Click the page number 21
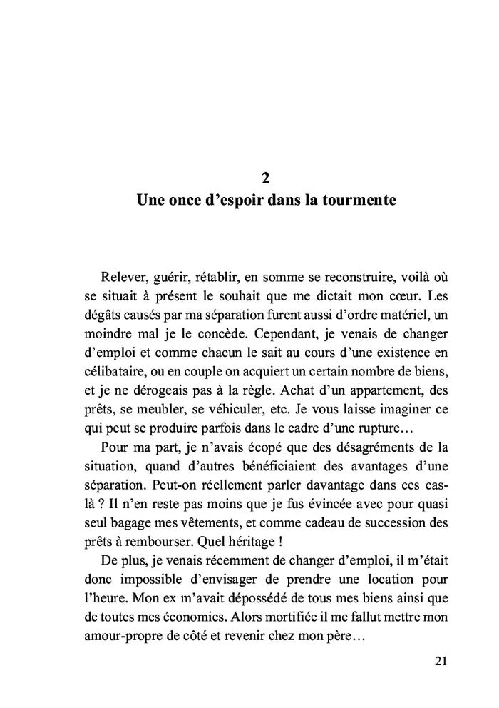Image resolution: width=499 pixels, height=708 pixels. pyautogui.click(x=440, y=660)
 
